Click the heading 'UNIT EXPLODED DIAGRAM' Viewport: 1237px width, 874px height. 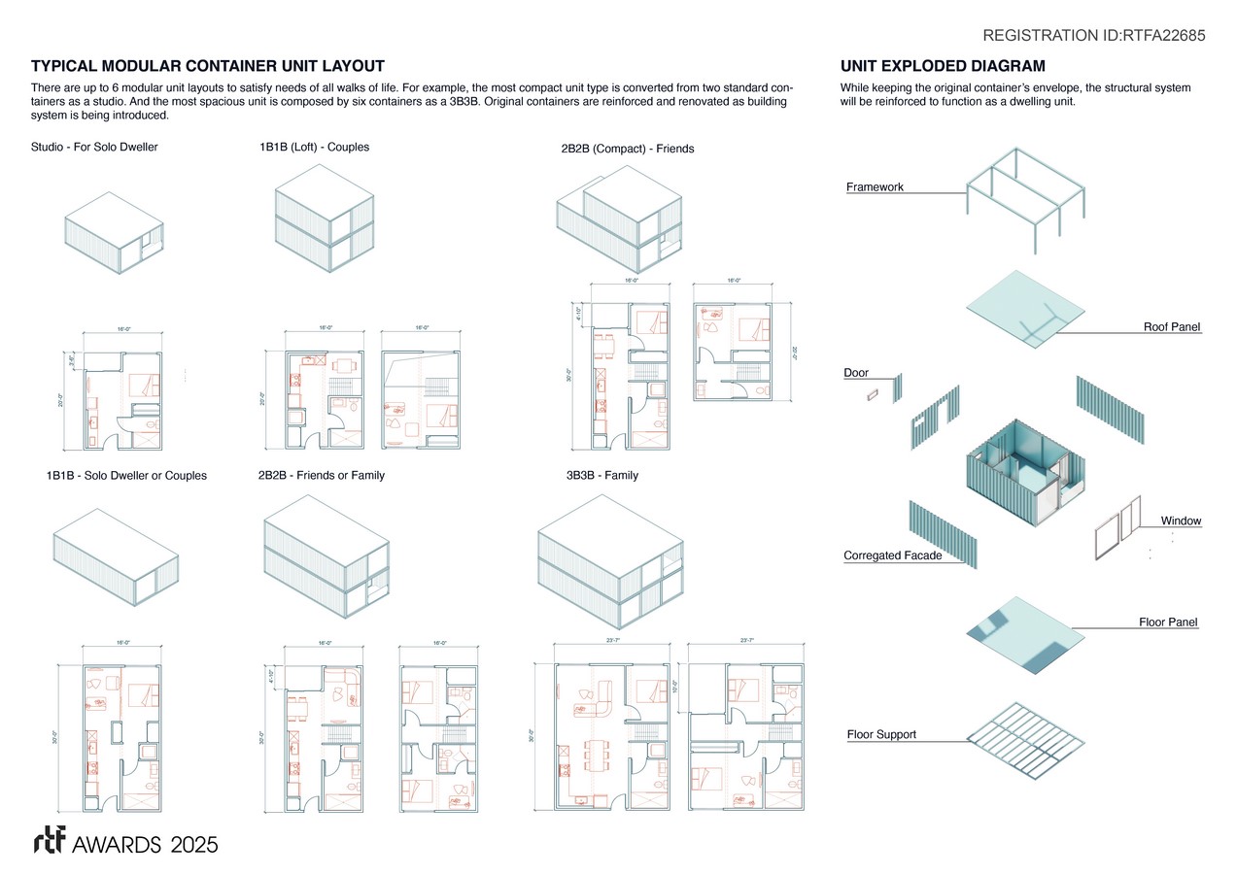(943, 66)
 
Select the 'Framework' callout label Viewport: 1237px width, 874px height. (875, 186)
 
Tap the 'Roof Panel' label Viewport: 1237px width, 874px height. (1172, 327)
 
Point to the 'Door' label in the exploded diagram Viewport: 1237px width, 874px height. (855, 373)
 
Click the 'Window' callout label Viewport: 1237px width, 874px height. (1181, 521)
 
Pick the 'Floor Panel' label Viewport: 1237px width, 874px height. (1168, 622)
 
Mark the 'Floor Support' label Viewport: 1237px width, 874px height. (881, 734)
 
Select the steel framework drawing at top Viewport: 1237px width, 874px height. (1025, 191)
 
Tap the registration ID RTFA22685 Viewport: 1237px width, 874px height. (1094, 36)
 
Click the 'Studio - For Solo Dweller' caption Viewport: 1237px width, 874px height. (94, 147)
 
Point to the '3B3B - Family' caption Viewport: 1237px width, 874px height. (601, 475)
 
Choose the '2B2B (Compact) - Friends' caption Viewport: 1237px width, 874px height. (627, 149)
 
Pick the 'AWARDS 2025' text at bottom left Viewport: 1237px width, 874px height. (145, 843)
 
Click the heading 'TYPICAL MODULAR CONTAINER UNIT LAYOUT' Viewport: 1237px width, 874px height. (208, 66)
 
